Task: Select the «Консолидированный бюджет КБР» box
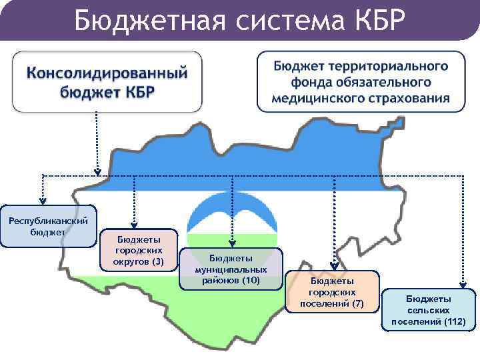pyautogui.click(x=107, y=81)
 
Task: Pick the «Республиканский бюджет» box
pyautogui.click(x=47, y=227)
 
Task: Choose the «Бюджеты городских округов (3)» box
pyautogui.click(x=138, y=250)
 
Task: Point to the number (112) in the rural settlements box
pyautogui.click(x=453, y=322)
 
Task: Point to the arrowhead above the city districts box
pyautogui.click(x=134, y=223)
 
